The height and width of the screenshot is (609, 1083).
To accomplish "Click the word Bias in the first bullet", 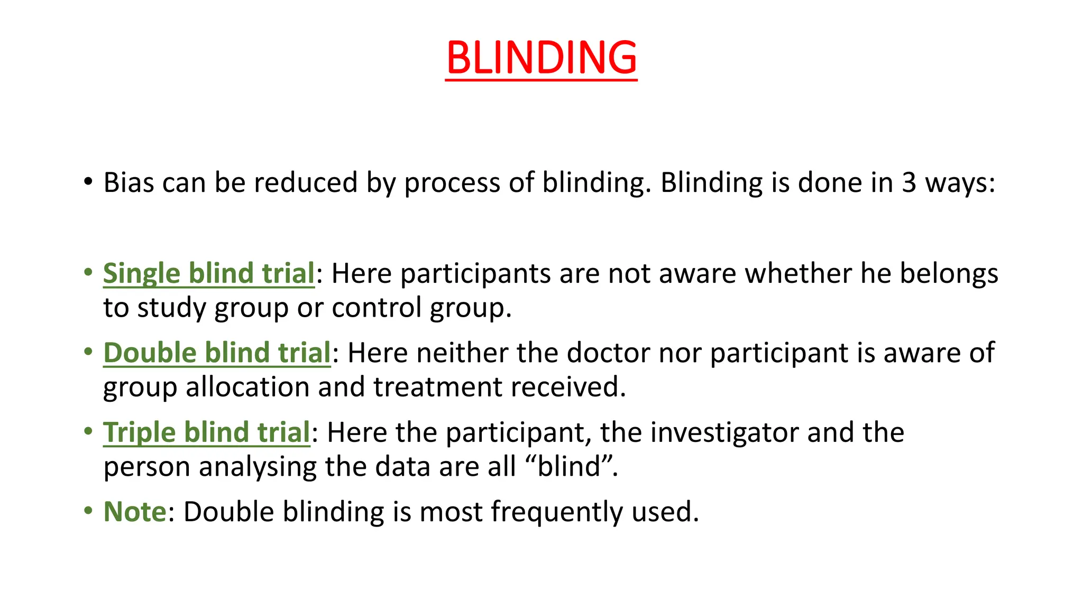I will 129,183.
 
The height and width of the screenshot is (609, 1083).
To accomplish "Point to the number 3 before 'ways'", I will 908,183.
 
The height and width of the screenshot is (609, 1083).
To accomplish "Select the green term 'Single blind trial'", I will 209,274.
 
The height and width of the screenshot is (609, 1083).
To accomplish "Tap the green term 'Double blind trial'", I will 217,353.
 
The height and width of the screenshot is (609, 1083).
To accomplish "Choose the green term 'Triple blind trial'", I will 206,432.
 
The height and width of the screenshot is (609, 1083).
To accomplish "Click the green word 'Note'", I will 135,512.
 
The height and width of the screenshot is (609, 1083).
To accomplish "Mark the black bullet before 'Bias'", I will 88,182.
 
